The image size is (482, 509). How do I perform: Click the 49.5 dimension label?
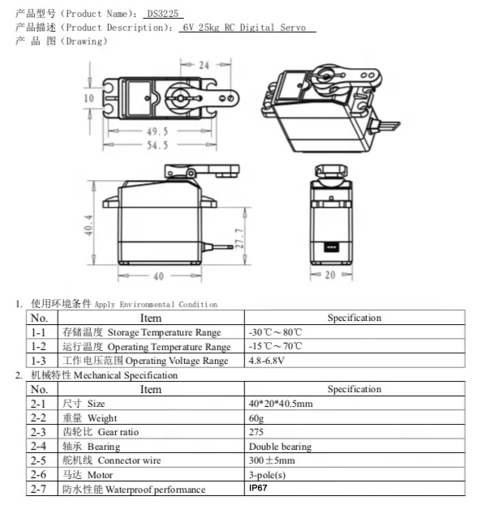(157, 131)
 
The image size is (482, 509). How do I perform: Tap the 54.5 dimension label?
(157, 145)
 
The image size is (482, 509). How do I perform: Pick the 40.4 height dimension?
(88, 227)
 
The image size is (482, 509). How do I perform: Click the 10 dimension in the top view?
(88, 98)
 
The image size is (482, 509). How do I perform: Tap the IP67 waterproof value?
(258, 489)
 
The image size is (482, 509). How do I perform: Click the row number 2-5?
(38, 460)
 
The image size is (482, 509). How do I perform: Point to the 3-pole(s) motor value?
(269, 475)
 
